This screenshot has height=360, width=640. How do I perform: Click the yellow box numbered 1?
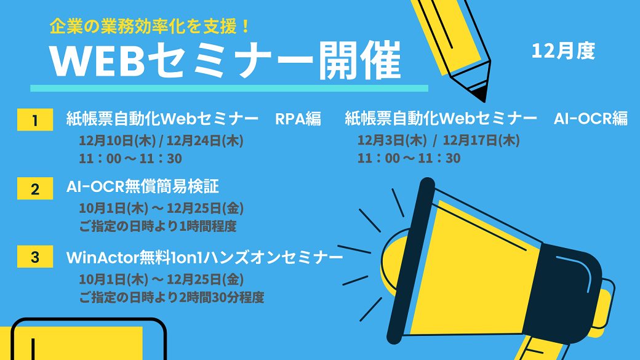click(35, 119)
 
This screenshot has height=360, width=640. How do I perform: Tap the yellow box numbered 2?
click(35, 188)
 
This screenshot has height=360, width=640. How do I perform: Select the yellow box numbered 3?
click(35, 257)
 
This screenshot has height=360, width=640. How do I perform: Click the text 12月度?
click(563, 51)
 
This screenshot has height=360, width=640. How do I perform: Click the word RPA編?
click(298, 119)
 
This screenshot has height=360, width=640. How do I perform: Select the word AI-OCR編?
click(591, 118)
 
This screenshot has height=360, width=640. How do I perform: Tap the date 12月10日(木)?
click(117, 141)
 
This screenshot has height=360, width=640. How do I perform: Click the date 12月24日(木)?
click(205, 141)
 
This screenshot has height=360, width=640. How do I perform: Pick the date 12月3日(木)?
click(392, 140)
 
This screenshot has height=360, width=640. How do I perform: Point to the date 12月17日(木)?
click(481, 140)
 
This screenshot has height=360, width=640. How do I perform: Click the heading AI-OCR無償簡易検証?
click(142, 186)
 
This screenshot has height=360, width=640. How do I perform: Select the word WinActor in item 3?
click(102, 258)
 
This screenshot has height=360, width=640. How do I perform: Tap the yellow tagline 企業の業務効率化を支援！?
click(150, 27)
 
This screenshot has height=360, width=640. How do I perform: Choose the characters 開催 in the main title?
click(359, 60)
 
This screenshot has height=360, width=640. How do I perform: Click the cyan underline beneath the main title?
click(230, 88)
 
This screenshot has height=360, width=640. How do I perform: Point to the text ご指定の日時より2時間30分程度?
click(172, 297)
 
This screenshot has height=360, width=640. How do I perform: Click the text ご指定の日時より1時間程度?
click(158, 226)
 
